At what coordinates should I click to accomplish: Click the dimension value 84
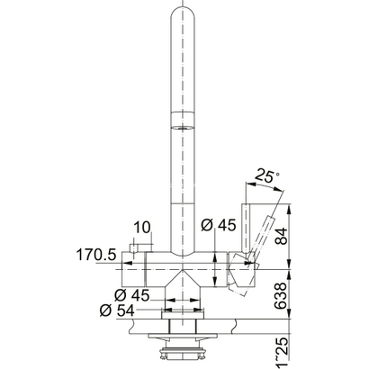point(282,237)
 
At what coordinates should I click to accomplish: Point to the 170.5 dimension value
point(96,256)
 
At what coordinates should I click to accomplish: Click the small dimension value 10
point(142,228)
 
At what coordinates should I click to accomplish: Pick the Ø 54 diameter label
point(117,311)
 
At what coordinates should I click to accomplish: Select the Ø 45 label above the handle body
point(219,225)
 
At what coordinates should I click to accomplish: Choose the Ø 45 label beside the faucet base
point(132,295)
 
